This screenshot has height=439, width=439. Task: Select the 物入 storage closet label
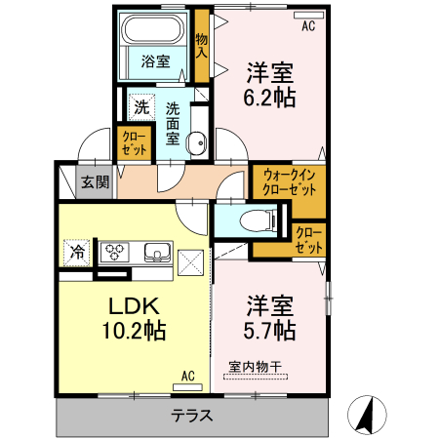202,46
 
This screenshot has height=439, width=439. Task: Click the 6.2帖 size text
271,98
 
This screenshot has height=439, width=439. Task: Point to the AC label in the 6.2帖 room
308,26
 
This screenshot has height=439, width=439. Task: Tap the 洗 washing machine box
141,106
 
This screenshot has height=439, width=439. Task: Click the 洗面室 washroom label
173,123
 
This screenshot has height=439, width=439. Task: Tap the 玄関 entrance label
95,181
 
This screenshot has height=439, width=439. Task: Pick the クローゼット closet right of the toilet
308,239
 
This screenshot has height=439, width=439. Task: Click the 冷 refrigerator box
77,253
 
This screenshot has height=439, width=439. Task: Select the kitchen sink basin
157,254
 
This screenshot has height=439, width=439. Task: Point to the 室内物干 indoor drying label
255,367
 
